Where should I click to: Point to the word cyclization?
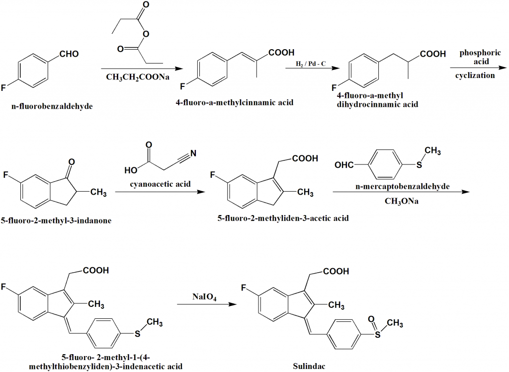(475, 75)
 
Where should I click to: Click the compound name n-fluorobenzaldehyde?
(52, 106)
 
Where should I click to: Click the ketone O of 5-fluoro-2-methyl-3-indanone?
(72, 162)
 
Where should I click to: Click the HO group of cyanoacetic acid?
(132, 170)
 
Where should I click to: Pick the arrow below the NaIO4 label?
(205, 304)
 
